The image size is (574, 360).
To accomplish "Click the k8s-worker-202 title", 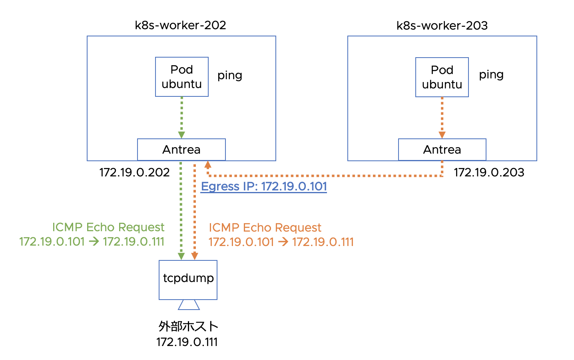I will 180,25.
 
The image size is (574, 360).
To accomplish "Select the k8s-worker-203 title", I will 442,26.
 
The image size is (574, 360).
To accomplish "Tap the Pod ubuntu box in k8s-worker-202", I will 182,77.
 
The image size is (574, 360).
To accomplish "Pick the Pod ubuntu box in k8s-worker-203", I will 442,77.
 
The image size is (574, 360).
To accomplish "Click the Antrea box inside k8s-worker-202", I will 181,150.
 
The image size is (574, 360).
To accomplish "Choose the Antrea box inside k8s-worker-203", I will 442,150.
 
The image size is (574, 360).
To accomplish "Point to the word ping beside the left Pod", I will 229,76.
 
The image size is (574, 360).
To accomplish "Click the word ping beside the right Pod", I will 491,75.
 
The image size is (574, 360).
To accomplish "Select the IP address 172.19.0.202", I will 134,172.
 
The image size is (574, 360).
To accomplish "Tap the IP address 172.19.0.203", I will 489,172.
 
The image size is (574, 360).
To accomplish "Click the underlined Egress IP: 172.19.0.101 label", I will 264,186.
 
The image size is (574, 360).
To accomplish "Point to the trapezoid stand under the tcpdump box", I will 189,305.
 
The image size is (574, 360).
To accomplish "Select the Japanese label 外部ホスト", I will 188,326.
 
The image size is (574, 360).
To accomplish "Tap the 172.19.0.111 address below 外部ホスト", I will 187,342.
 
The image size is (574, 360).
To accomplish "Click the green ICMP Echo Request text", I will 108,227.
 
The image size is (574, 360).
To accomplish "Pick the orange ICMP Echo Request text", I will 265,228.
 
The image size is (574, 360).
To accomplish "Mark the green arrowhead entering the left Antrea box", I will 181,135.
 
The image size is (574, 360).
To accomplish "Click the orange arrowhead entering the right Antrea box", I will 442,135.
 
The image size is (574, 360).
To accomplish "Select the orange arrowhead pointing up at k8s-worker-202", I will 208,164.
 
